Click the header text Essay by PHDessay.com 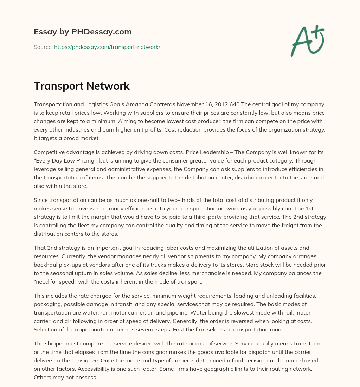coord(83,32)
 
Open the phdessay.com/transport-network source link coord(107,47)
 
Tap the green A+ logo coord(307,40)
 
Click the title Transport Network coord(82,86)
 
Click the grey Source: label coord(43,47)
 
